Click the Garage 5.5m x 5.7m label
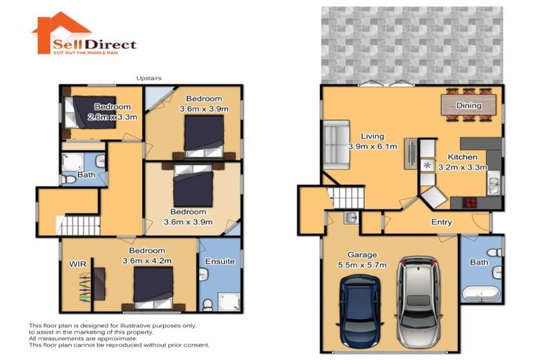(363, 261)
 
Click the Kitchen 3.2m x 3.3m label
(458, 162)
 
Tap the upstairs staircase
(78, 226)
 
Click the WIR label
(77, 264)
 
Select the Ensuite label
(220, 262)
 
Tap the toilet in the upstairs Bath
(69, 180)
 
